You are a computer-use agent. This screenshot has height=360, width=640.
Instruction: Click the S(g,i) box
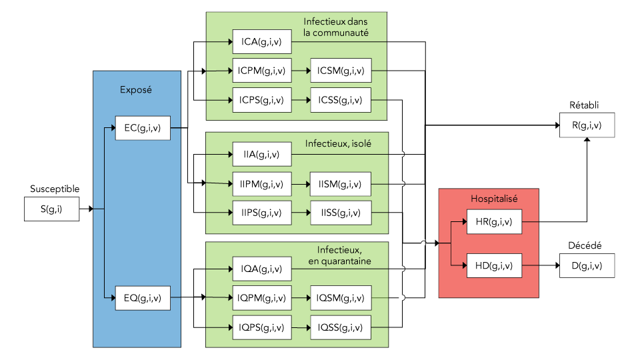51,209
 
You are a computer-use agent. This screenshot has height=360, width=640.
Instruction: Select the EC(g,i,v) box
142,127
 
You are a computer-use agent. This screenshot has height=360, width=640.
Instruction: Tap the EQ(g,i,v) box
142,298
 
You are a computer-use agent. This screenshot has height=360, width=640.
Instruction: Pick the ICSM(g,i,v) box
340,71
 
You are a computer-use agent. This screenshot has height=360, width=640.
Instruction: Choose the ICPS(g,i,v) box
261,100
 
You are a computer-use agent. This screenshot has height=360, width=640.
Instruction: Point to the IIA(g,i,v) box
261,155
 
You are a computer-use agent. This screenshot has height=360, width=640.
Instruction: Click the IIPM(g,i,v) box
261,183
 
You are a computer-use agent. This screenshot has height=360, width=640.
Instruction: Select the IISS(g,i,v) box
340,213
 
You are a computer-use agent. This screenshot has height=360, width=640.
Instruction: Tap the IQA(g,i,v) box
261,269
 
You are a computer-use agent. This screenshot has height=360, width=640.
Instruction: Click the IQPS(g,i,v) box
261,327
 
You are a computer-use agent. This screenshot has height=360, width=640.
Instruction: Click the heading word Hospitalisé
494,198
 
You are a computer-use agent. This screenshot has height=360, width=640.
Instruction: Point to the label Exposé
136,90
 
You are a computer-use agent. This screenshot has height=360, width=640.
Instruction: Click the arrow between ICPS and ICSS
301,100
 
